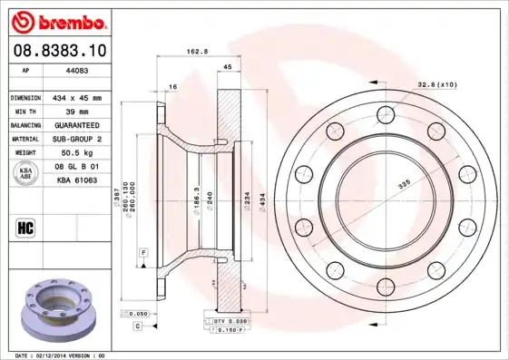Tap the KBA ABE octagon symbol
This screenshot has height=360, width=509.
coord(26,174)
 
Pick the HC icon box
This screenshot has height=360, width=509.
coord(26,228)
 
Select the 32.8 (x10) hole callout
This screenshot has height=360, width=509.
coord(436,83)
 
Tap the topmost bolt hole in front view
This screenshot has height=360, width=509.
coord(387,114)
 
